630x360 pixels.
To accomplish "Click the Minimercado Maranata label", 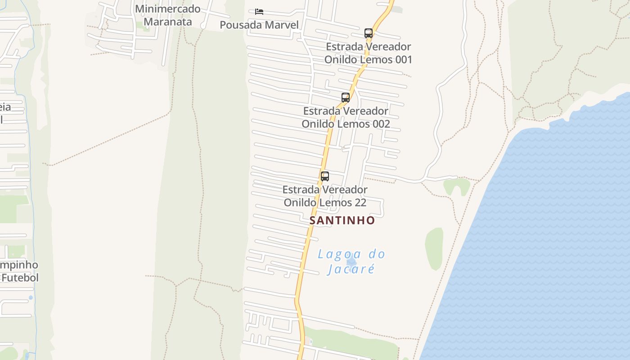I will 167,15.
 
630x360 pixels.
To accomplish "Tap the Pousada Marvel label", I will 259,25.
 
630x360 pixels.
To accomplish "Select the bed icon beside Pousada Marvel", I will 259,11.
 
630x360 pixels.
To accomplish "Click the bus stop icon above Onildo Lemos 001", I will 369,33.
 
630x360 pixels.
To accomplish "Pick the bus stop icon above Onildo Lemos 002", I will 346,97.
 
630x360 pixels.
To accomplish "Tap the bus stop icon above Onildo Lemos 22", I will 325,176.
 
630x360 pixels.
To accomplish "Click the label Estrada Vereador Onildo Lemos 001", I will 368,53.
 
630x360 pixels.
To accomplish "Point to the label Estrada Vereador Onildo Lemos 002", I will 346,117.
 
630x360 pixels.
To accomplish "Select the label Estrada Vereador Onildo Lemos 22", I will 325,196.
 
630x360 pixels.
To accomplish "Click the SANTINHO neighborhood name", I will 342,220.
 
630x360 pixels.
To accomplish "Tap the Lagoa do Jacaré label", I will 351,261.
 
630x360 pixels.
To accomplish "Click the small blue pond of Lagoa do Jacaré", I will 351,261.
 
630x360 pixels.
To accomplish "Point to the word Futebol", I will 20,278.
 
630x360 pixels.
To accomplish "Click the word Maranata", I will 167,22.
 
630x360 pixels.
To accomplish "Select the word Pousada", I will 241,25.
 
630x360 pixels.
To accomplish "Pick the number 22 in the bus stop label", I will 360,202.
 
